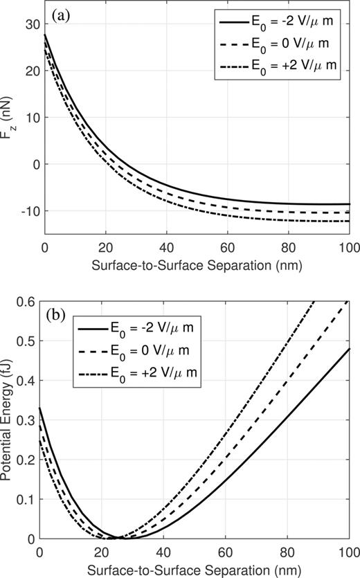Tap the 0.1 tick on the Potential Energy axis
click(x=28, y=498)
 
